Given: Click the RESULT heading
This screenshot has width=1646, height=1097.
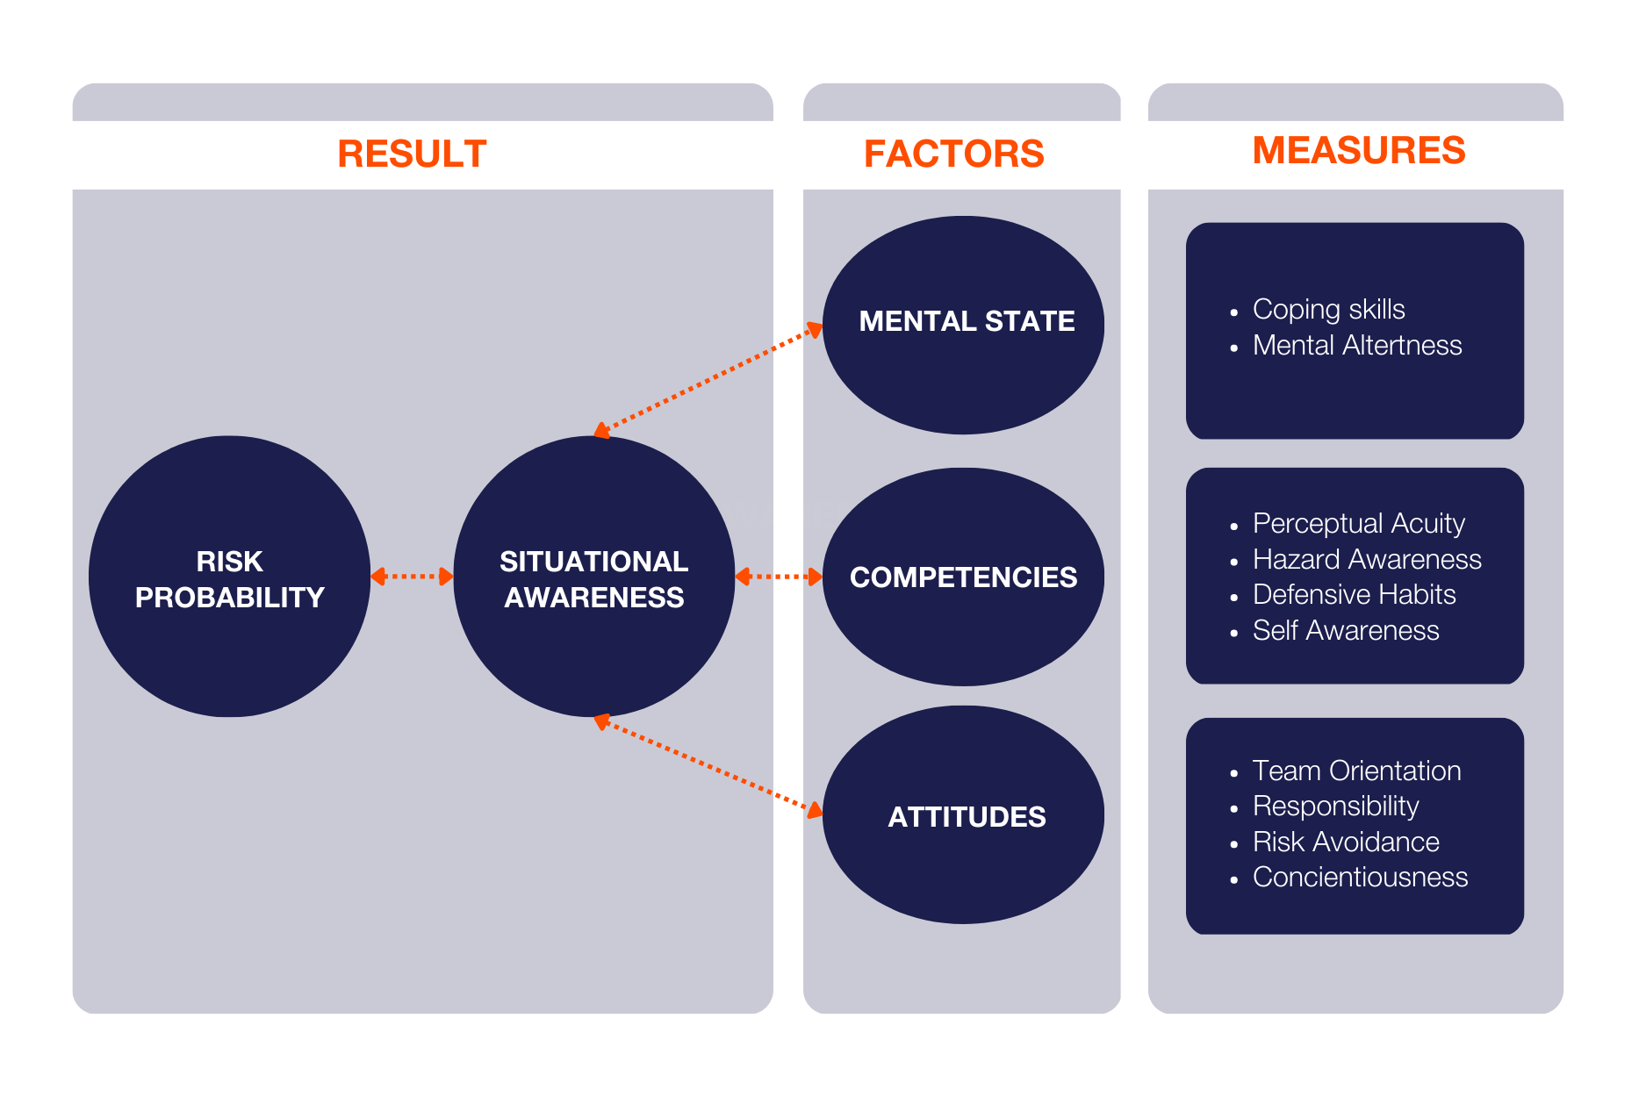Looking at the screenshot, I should click(x=412, y=154).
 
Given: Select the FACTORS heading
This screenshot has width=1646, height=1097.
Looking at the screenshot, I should click(x=953, y=154).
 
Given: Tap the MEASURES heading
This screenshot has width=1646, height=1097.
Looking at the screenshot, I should click(x=1358, y=151).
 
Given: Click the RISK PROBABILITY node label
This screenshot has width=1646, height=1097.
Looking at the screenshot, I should click(x=229, y=579).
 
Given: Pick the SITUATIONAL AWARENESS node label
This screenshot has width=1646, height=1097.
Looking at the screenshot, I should click(x=593, y=579).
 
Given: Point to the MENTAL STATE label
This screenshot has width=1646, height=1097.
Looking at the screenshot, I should click(x=967, y=321).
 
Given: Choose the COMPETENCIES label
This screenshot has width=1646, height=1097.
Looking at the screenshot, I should click(x=963, y=577).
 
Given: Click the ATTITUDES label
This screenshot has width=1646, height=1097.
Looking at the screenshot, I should click(x=967, y=817).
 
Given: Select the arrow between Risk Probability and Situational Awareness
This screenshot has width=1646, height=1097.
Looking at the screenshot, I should click(x=412, y=577).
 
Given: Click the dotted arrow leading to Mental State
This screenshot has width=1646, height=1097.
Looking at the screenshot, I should click(x=708, y=380).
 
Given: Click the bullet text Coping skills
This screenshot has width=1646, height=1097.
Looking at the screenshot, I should click(x=1328, y=310).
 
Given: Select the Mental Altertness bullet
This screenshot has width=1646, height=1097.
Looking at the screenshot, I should click(x=1357, y=346).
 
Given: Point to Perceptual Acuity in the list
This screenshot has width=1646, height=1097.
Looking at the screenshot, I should click(x=1358, y=524).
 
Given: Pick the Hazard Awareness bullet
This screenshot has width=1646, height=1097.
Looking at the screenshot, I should click(x=1367, y=559).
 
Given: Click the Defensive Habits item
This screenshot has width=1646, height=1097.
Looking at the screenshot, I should click(x=1354, y=595).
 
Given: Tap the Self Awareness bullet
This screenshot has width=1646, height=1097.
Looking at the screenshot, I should click(x=1346, y=631).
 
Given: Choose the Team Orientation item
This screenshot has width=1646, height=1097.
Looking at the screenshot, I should click(x=1356, y=771).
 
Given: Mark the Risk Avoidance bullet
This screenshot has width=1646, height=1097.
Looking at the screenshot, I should click(x=1346, y=842).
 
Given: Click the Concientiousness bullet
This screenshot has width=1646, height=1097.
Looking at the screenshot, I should click(x=1360, y=878).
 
